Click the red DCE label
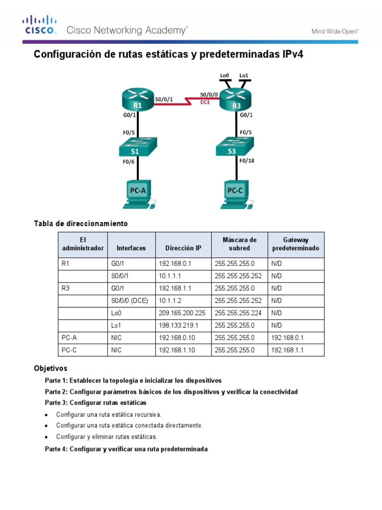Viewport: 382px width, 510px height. click(x=205, y=103)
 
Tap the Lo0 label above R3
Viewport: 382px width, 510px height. click(x=224, y=75)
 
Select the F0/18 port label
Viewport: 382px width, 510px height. click(x=247, y=161)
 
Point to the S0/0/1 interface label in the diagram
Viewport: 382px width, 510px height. click(x=164, y=99)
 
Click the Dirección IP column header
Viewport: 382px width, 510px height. click(x=184, y=248)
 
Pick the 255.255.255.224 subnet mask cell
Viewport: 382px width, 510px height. click(x=239, y=313)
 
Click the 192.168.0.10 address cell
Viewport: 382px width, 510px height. click(x=177, y=338)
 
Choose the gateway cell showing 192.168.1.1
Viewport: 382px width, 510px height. click(x=287, y=350)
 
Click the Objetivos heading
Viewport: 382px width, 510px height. click(x=50, y=369)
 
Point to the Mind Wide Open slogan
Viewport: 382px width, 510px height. click(x=335, y=31)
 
